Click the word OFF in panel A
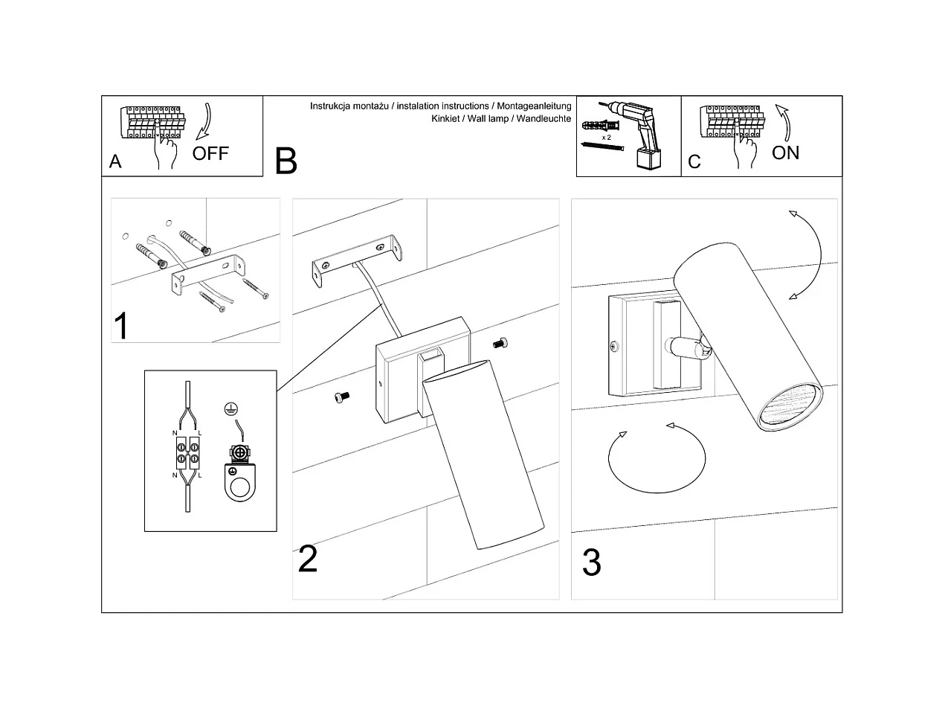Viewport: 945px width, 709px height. tap(210, 153)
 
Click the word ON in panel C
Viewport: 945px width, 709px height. tap(785, 153)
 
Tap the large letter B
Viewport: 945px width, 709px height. tap(286, 161)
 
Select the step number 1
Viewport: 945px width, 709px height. tap(121, 326)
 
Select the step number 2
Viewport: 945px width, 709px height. tap(307, 559)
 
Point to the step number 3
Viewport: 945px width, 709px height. tap(591, 563)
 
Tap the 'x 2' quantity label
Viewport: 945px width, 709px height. tap(606, 138)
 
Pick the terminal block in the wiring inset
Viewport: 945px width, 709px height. tap(187, 453)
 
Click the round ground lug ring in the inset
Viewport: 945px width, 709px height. tap(239, 488)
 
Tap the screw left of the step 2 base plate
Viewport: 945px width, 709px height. tap(341, 398)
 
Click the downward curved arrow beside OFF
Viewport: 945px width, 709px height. tap(202, 123)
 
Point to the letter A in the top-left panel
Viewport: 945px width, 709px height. tap(115, 162)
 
